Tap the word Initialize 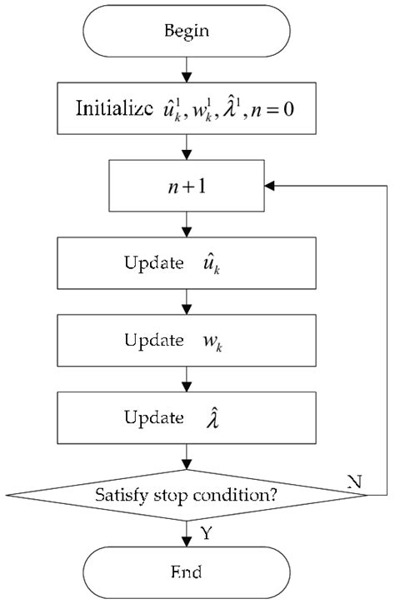coord(112,108)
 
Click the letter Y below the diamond coord(205,533)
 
